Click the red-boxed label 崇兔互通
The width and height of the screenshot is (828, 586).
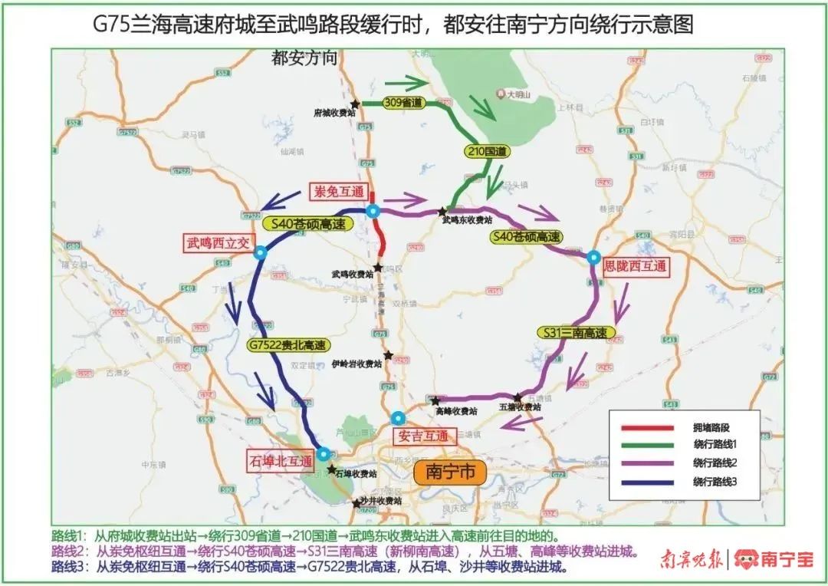337,192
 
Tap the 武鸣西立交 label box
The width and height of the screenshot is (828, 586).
217,243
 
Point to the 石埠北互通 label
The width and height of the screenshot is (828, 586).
281,461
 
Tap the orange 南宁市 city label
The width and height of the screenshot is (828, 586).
450,471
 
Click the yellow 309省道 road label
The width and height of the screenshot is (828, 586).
403,103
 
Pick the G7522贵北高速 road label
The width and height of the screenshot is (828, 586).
287,345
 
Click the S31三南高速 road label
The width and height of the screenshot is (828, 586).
575,333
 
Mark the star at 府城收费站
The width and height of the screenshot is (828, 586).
355,104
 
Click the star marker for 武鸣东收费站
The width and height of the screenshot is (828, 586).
442,211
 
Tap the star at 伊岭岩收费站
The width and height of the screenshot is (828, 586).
389,355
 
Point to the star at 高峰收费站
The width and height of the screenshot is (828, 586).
435,400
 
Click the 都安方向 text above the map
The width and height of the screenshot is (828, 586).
305,59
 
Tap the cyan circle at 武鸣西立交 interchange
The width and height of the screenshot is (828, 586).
261,252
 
